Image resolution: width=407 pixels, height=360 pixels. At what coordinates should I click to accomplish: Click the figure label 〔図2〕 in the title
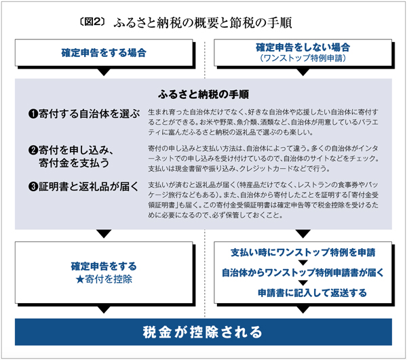click(x=92, y=22)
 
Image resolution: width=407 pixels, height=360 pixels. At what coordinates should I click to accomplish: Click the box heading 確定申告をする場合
click(x=104, y=53)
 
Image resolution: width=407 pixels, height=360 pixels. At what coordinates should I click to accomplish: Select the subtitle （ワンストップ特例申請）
click(x=303, y=58)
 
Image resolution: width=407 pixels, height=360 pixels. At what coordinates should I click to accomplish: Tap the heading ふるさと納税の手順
click(x=203, y=94)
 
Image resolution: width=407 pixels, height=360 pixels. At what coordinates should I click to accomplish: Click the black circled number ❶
click(x=33, y=114)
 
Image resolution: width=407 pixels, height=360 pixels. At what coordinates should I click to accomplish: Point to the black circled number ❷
click(x=33, y=151)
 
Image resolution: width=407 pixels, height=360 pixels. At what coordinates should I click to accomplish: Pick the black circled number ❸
click(x=33, y=186)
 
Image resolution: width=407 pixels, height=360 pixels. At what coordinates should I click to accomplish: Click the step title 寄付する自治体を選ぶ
click(x=90, y=114)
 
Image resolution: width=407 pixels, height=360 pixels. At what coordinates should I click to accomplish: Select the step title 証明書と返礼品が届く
click(x=88, y=186)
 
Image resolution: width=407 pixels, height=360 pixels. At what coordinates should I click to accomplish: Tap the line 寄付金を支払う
click(x=74, y=163)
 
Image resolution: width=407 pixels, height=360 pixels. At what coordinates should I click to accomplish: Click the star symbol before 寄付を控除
click(x=80, y=279)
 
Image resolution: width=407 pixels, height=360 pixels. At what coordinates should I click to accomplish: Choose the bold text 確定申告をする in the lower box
click(x=104, y=266)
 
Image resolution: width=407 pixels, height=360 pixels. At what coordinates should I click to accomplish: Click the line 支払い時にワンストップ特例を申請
click(x=303, y=252)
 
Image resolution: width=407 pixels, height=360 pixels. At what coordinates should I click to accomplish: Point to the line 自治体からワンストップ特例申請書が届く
click(x=303, y=273)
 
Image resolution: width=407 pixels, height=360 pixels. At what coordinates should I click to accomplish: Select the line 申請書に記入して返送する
click(x=312, y=293)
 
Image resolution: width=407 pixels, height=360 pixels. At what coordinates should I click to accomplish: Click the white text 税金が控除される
click(x=203, y=332)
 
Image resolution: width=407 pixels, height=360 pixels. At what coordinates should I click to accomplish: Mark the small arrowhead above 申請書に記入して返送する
click(x=303, y=283)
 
